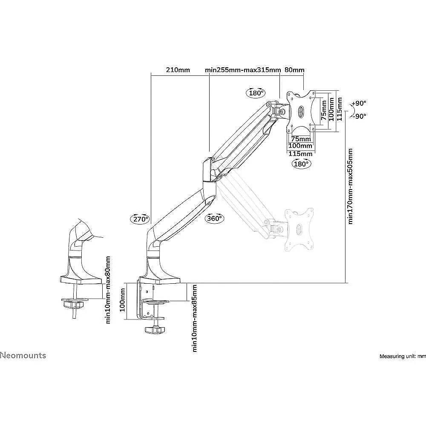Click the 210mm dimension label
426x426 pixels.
pyautogui.click(x=178, y=70)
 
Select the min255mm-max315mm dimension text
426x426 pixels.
pyautogui.click(x=243, y=70)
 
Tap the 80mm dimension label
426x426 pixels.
pyautogui.click(x=294, y=70)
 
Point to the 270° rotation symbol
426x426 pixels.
pyautogui.click(x=140, y=219)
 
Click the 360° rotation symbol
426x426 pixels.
pyautogui.click(x=215, y=218)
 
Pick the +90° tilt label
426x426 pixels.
pyautogui.click(x=359, y=103)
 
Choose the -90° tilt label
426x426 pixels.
pyautogui.click(x=359, y=116)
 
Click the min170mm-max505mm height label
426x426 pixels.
pyautogui.click(x=350, y=187)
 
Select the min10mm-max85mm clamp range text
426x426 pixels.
pyautogui.click(x=194, y=318)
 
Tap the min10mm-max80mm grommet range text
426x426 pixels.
pyautogui.click(x=108, y=290)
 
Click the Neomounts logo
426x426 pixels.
pyautogui.click(x=23, y=355)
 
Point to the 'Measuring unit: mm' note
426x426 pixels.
pyautogui.click(x=403, y=356)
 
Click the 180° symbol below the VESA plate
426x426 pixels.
pyautogui.click(x=301, y=164)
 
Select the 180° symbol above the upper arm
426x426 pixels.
pyautogui.click(x=256, y=93)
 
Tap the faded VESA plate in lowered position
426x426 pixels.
pyautogui.click(x=298, y=229)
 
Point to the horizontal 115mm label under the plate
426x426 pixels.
pyautogui.click(x=300, y=153)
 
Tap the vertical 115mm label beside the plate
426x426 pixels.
pyautogui.click(x=340, y=109)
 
